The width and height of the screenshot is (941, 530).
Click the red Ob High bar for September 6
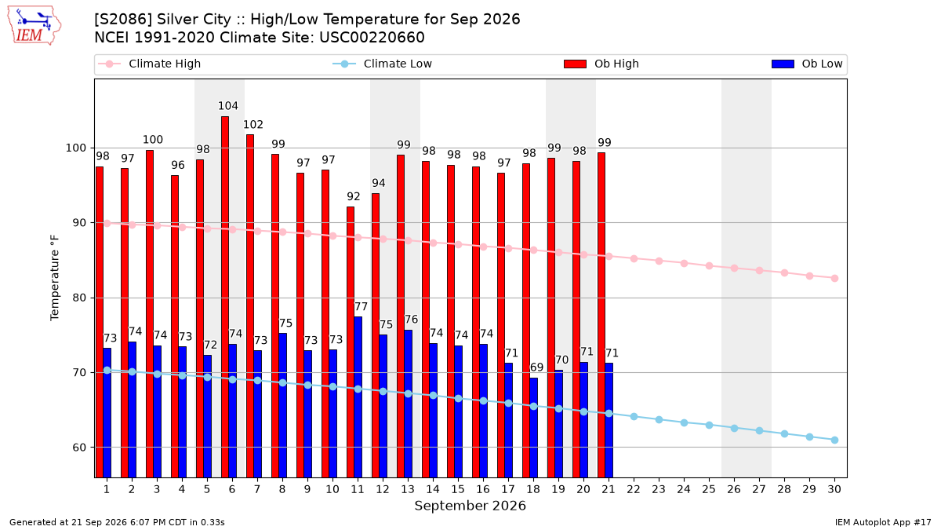point(225,297)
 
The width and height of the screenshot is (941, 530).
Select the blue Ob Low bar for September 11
point(358,397)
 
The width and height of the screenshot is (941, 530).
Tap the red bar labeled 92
point(351,342)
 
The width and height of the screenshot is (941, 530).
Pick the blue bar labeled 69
point(533,428)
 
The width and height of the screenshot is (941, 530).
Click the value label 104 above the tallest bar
point(227,105)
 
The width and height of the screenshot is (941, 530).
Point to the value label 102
point(253,125)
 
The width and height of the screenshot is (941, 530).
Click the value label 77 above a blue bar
point(361,307)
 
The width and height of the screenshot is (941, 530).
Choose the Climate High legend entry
point(149,64)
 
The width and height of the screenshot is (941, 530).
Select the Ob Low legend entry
point(807,64)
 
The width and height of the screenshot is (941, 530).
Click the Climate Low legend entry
point(382,64)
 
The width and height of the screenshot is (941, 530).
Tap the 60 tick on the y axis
point(79,448)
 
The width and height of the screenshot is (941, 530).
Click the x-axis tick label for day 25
point(709,489)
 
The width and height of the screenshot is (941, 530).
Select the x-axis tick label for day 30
point(834,489)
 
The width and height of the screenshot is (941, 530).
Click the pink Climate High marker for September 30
point(834,279)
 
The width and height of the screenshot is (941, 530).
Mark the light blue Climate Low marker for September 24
point(684,422)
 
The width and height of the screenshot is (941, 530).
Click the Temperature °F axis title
point(55,278)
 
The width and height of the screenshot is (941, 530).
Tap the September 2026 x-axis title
point(470,506)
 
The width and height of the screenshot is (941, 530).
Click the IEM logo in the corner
point(35,26)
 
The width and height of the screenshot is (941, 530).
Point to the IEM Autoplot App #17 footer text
point(883,522)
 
